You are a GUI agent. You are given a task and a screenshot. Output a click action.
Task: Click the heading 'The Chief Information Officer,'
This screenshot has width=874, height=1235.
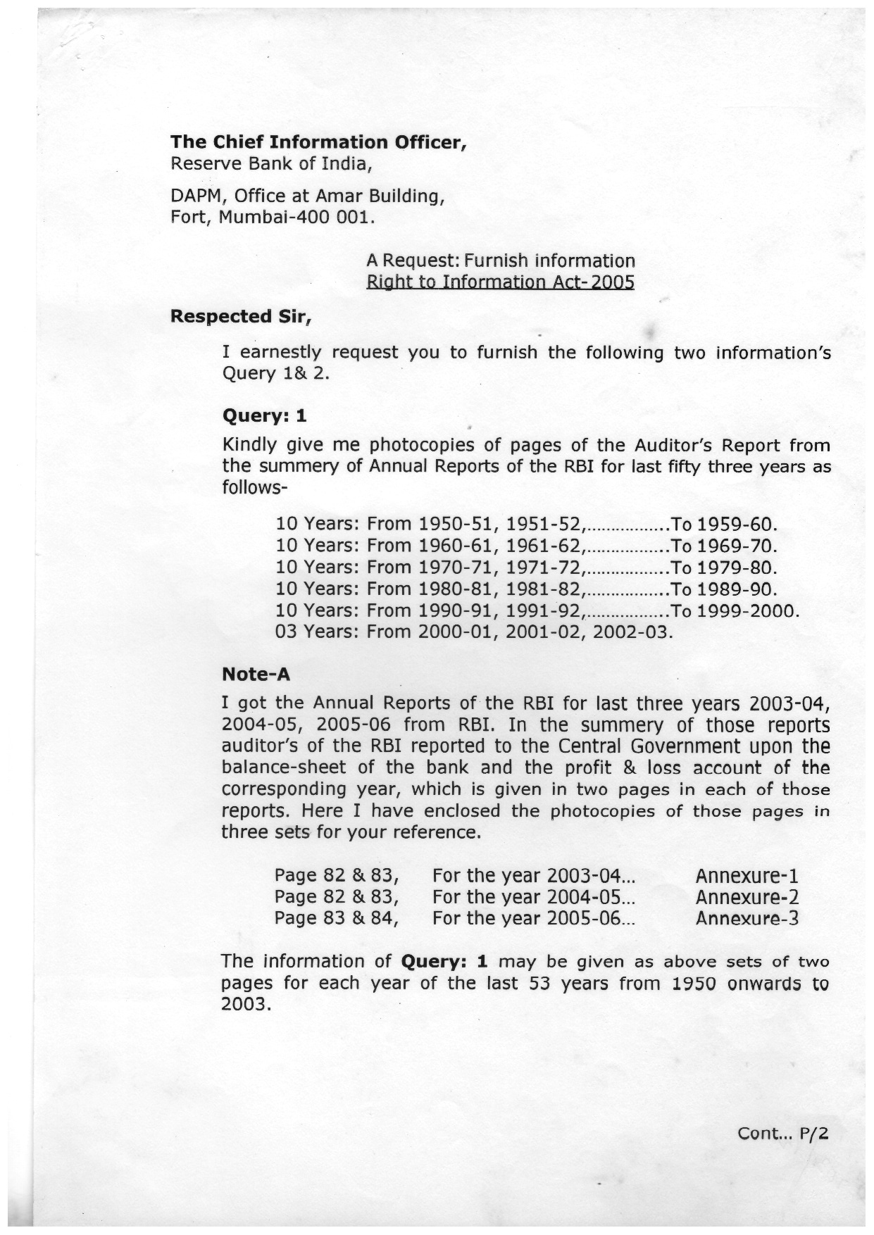click(319, 142)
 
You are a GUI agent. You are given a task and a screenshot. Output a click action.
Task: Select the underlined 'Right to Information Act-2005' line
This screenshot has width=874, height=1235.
click(500, 282)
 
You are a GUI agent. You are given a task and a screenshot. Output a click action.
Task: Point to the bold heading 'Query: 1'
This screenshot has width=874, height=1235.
click(264, 415)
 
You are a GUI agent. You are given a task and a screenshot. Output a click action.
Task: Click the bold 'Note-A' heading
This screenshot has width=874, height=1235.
click(256, 675)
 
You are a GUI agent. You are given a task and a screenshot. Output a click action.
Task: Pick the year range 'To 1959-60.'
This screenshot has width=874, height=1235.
click(724, 525)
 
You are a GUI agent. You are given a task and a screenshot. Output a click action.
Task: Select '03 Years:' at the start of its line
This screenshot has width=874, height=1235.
click(318, 632)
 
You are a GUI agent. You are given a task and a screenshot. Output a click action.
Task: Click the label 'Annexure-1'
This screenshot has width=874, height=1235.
click(747, 876)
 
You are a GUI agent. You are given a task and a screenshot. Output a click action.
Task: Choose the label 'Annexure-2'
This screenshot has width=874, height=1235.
click(747, 897)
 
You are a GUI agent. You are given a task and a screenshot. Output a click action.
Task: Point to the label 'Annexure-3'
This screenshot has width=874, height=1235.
click(747, 918)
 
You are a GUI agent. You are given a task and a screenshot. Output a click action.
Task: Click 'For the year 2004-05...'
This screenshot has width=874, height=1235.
click(534, 897)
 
